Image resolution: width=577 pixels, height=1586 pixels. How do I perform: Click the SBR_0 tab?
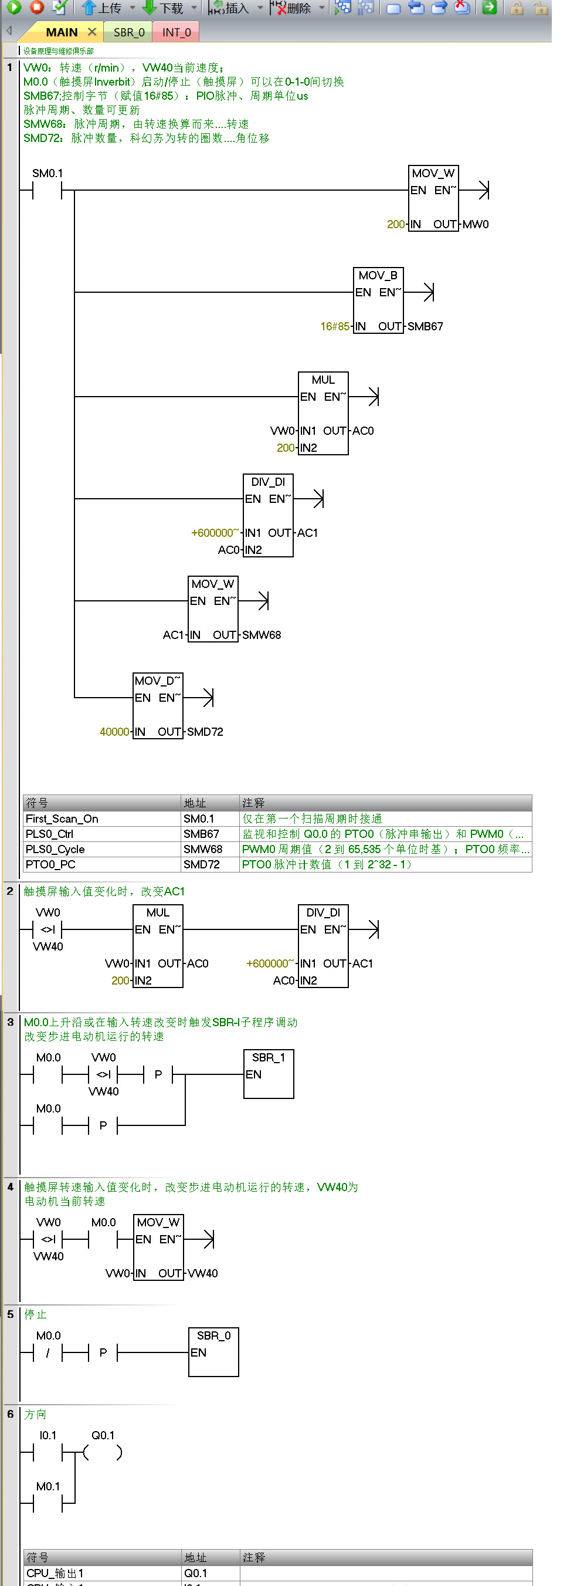point(129,32)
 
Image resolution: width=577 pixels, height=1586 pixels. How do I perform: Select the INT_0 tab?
point(177,32)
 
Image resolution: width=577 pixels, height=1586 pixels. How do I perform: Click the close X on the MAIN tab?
point(91,32)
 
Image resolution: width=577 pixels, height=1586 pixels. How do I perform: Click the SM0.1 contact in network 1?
point(47,191)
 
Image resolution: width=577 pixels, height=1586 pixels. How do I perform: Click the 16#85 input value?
point(335,326)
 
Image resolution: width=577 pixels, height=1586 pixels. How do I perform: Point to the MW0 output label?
point(476,224)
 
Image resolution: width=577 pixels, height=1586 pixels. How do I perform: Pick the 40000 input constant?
point(115,732)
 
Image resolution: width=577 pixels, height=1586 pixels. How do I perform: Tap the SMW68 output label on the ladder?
point(262,635)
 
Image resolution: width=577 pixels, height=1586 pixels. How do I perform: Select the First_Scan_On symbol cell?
point(62,819)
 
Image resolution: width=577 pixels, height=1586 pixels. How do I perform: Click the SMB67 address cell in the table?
point(201,834)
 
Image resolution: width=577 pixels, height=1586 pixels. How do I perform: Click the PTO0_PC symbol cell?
point(50,864)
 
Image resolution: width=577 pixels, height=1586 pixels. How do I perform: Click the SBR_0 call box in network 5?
point(213,1351)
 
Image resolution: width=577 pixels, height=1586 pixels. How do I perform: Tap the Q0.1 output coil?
point(103,1452)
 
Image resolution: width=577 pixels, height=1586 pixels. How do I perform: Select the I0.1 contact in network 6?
point(47,1452)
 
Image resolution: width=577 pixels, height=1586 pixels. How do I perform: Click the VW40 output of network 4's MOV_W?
point(203,1273)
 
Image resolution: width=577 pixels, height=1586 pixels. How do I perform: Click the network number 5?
point(11,1314)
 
